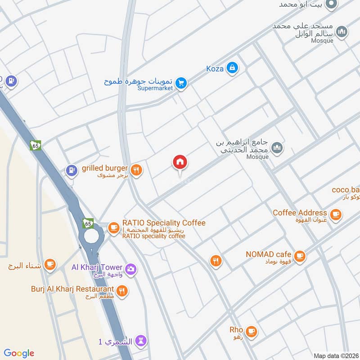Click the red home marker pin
click(180, 162)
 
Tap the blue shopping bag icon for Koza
click(232, 68)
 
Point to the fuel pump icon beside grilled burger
click(71, 170)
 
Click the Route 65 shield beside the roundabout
click(88, 223)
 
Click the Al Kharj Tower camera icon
click(131, 269)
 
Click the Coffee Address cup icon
click(335, 215)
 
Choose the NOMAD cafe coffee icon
click(301, 256)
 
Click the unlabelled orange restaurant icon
click(216, 261)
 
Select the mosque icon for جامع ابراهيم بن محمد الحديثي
click(278, 148)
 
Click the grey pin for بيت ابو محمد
click(332, 4)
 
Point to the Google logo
click(19, 353)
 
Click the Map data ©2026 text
click(335, 355)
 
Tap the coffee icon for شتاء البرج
click(50, 264)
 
